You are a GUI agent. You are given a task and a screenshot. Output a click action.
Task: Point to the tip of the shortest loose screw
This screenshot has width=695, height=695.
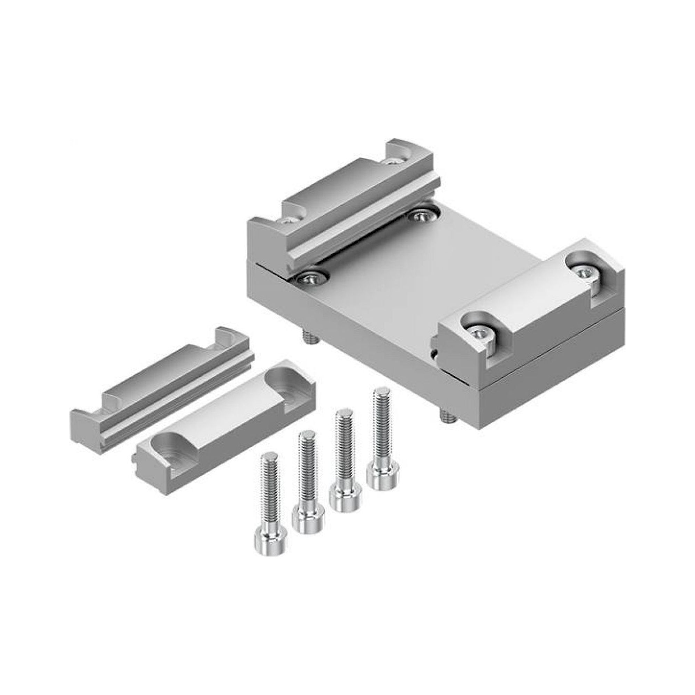click(x=267, y=458)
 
